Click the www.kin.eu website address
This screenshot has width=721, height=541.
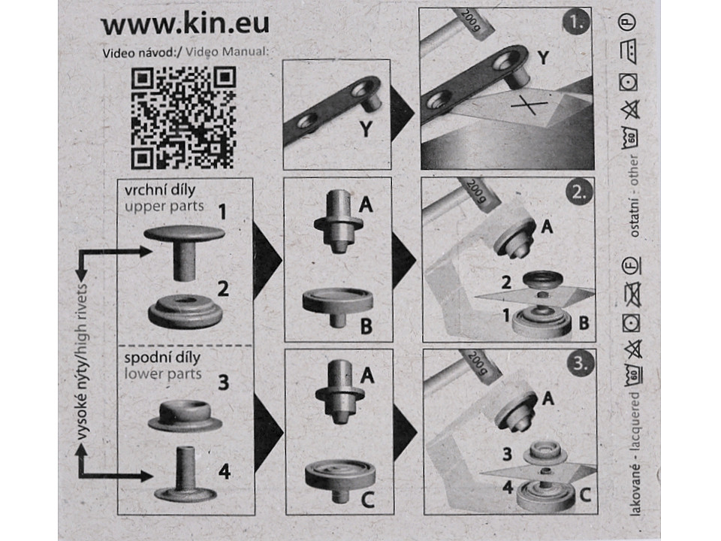click(x=185, y=24)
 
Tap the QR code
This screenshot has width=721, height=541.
click(x=183, y=117)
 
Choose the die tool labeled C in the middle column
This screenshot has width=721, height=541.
click(x=339, y=478)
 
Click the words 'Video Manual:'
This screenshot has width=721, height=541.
click(x=227, y=53)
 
